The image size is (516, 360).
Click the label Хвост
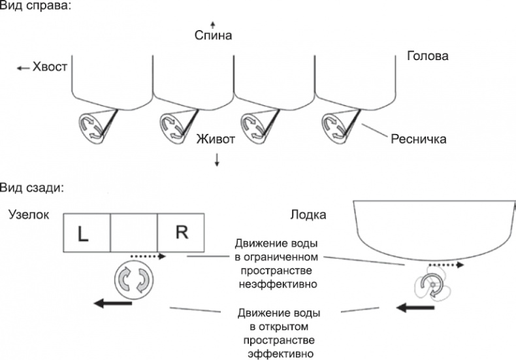pos(50,67)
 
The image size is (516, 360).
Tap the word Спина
pos(213,35)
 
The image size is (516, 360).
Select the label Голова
pos(428,56)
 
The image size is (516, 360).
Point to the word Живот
pos(216,139)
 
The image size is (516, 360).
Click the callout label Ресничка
pos(418,139)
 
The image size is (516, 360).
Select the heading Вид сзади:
pos(32,188)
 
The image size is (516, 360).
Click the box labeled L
pos(87,233)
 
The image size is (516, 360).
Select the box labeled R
pos(181,233)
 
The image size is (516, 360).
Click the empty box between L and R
pos(134,233)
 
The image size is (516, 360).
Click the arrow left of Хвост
pos(24,67)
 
